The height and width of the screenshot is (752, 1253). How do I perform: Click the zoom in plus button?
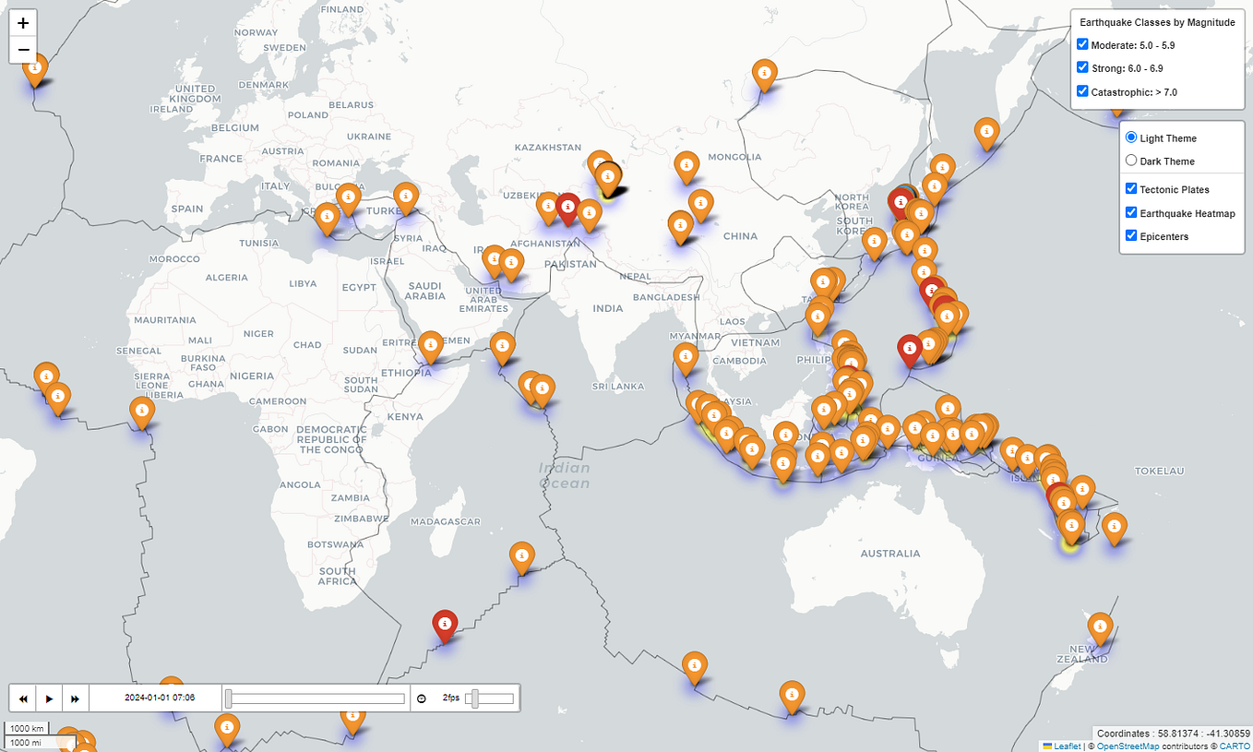click(x=23, y=23)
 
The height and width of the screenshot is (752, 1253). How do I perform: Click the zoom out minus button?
click(x=23, y=50)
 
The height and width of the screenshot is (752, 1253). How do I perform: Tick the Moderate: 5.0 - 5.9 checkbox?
click(x=1083, y=44)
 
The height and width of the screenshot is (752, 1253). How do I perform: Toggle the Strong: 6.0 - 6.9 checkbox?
click(x=1083, y=67)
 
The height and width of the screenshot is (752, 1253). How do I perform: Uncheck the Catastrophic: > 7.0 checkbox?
click(x=1083, y=91)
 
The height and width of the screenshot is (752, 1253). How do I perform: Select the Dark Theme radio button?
click(x=1131, y=161)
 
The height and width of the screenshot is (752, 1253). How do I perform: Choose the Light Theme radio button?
click(x=1131, y=137)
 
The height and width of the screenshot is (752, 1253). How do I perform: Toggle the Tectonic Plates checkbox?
click(x=1131, y=188)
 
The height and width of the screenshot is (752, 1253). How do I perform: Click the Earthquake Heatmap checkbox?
click(x=1131, y=212)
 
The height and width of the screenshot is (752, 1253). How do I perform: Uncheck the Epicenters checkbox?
click(x=1131, y=235)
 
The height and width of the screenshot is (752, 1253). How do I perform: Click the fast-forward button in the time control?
click(x=76, y=698)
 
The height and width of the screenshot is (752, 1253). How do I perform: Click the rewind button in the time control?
click(x=23, y=698)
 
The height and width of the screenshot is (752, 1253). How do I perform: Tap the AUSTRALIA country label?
click(x=889, y=554)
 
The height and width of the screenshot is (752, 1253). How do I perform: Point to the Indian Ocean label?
click(x=564, y=475)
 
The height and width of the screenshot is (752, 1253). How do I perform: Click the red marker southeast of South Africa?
click(x=446, y=624)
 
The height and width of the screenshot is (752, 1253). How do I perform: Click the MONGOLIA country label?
click(x=734, y=157)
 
